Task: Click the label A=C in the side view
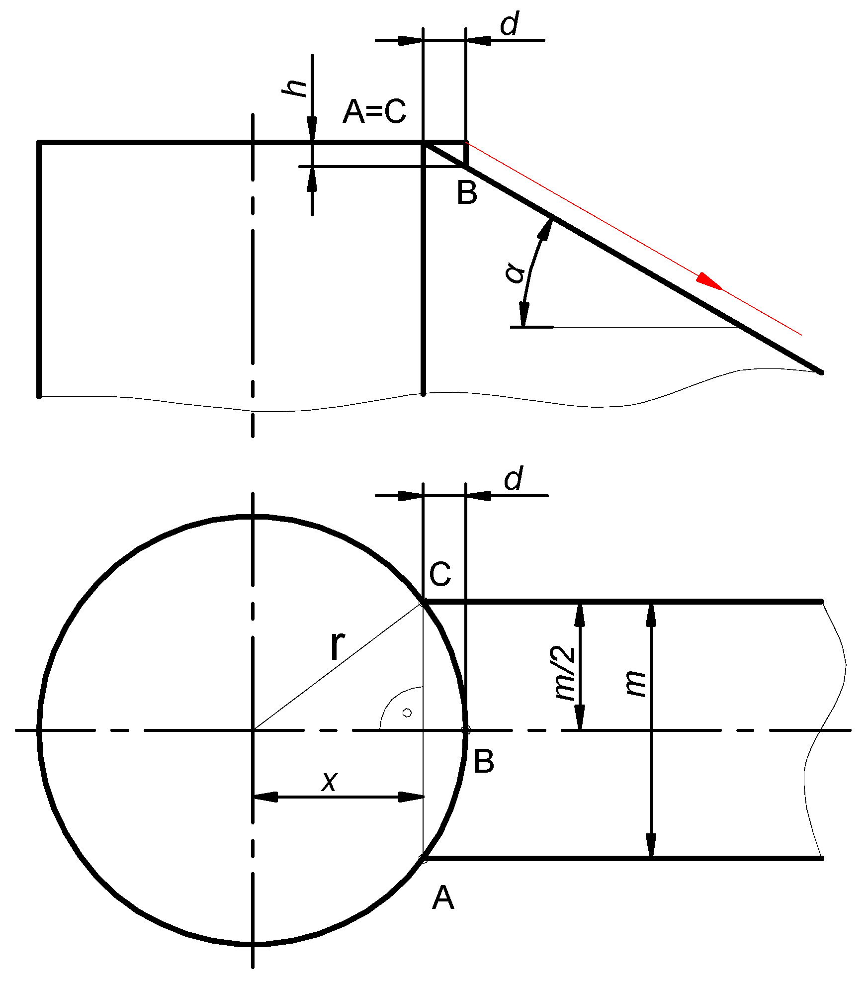pos(374,111)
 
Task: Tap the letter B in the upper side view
pos(467,193)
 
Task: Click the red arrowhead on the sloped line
pos(709,281)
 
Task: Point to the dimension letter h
pos(294,88)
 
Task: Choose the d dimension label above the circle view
pos(514,478)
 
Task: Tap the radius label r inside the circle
pos(338,646)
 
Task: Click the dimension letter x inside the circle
pos(329,782)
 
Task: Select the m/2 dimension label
pos(566,674)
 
